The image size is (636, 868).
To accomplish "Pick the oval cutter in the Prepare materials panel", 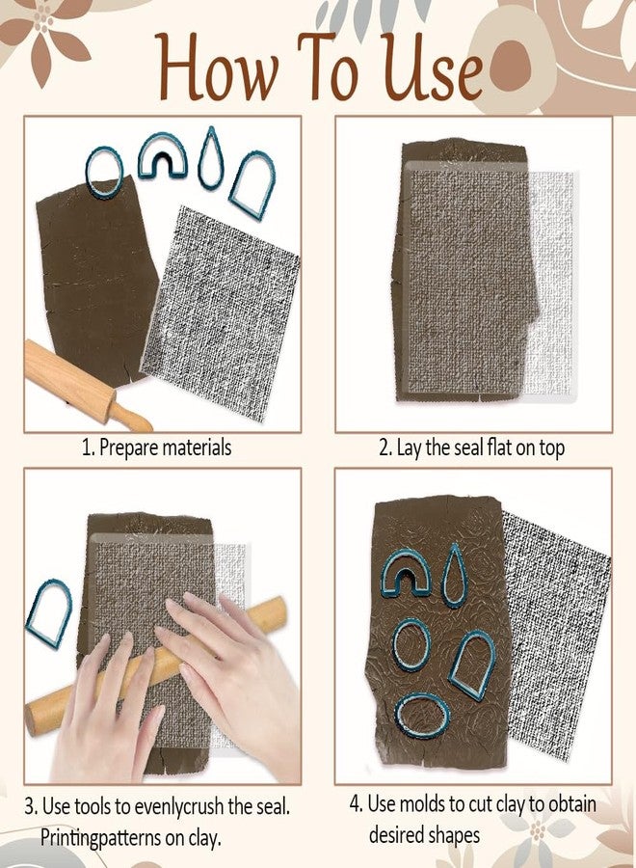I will pos(104,172).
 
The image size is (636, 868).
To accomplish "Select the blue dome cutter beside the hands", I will pos(48,612).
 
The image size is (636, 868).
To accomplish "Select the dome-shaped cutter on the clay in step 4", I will pos(472,664).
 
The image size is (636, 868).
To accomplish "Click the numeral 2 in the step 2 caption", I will pos(383,448).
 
